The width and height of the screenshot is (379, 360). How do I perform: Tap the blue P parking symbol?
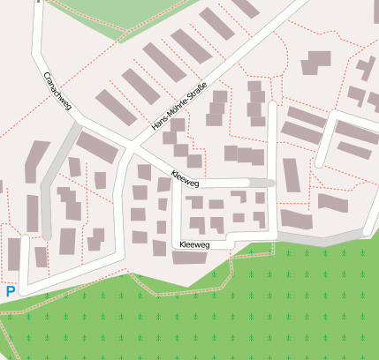coord(11,291)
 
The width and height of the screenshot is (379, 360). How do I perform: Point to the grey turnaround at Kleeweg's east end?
coord(262,183)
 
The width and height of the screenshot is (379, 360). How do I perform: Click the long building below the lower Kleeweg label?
coord(193,258)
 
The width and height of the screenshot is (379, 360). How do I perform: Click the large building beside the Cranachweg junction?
coord(96,148)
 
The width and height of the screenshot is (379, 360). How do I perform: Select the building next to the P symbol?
coord(14,254)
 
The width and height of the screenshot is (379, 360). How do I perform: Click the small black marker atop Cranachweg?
coord(39,2)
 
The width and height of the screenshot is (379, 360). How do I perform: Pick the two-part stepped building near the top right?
coord(315,63)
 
